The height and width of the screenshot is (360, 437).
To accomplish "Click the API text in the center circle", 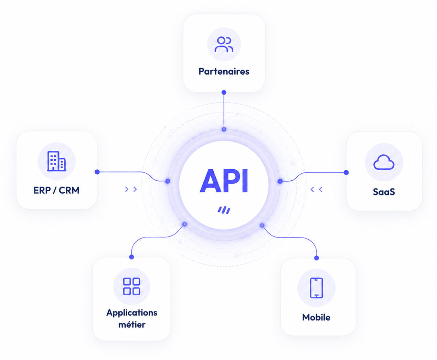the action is coord(224,180).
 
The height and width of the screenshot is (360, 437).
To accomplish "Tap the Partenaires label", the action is coord(224,71).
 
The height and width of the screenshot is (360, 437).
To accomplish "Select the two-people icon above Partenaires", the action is coord(224,44).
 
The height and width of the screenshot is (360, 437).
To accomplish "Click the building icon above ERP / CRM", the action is coord(56,161).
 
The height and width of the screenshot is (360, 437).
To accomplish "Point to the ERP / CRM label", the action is coord(56,190).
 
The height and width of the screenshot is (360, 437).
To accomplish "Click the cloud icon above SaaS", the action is coord(384,162).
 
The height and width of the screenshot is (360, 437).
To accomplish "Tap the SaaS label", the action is coord(384,192).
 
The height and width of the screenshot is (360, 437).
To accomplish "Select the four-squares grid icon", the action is coord(132,286).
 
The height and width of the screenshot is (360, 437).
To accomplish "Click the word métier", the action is coord(132,325).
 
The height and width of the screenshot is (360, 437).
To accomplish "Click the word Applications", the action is coord(132,313).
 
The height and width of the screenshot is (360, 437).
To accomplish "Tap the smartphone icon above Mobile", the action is coord(316,288).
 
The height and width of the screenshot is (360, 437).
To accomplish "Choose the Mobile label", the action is coord(316,317).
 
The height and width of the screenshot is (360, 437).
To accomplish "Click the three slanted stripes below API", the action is coord(224,210).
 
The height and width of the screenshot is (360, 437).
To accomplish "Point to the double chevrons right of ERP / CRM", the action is coord(131,189).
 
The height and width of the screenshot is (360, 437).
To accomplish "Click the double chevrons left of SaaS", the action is coord(316,189).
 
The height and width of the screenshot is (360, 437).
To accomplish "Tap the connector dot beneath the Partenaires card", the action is coord(224,92).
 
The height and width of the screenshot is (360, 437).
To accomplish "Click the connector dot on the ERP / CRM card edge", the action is coord(97,172).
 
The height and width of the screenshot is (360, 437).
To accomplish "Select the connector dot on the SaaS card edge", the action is coord(346,172).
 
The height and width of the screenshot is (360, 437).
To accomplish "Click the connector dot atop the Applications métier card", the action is coord(131,257).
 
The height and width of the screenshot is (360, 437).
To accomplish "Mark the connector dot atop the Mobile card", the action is coord(317,258).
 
